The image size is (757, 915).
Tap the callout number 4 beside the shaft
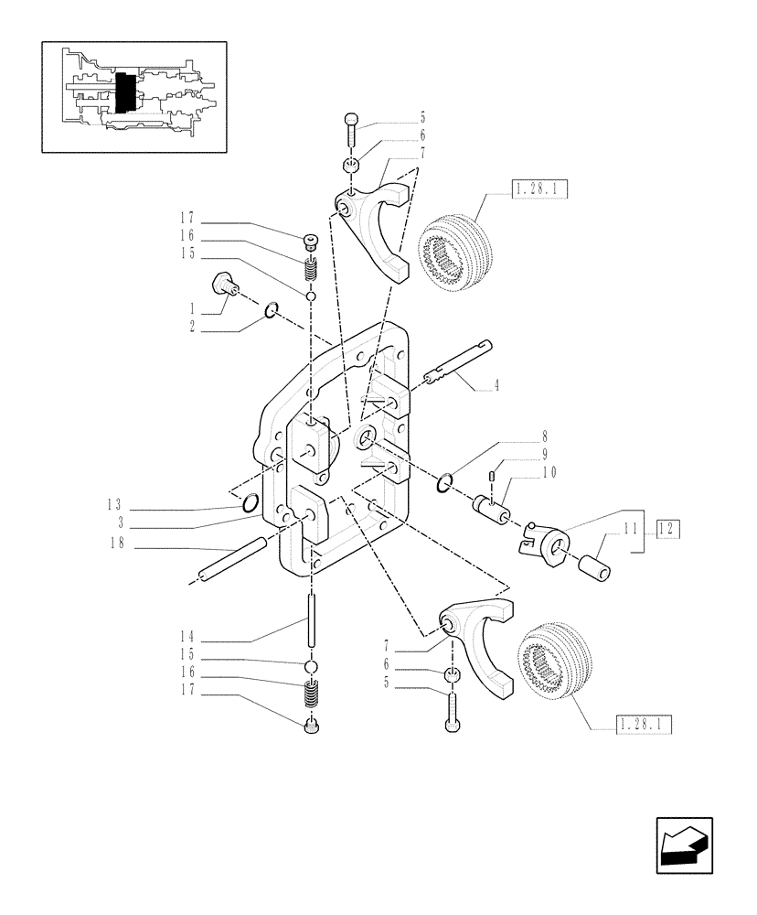point(496,386)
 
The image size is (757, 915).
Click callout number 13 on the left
point(113,504)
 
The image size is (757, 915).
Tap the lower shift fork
point(480,640)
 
